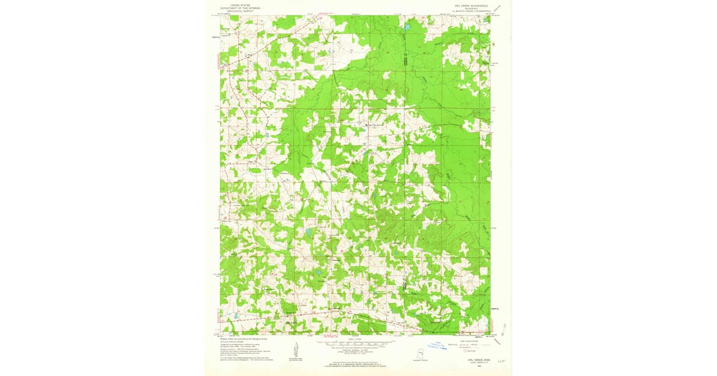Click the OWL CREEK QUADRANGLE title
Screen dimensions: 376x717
point(472,5)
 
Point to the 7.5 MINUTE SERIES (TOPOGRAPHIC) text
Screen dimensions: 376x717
point(472,11)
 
